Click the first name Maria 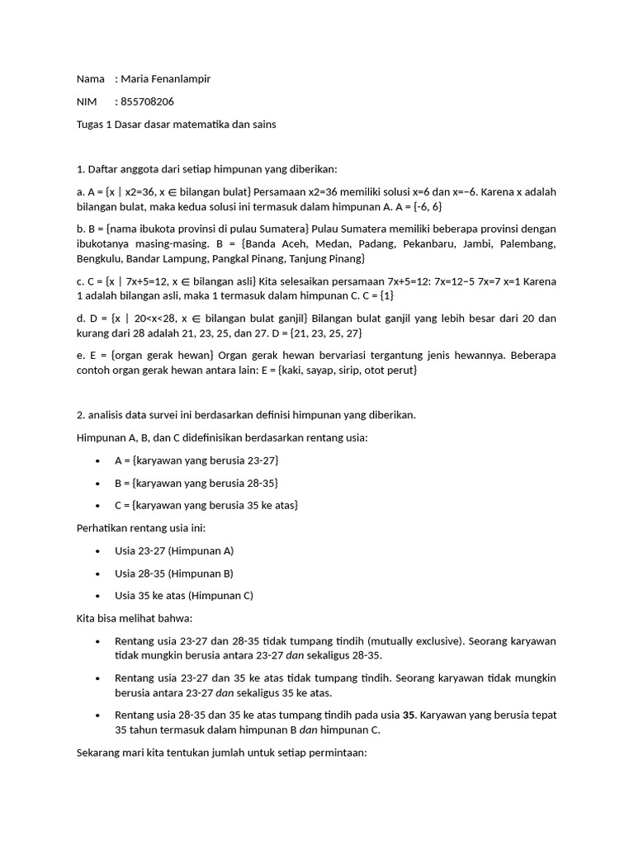[135, 79]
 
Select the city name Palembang [529, 244]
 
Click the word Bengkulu [101, 259]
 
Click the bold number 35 [409, 715]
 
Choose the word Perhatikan [104, 527]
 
